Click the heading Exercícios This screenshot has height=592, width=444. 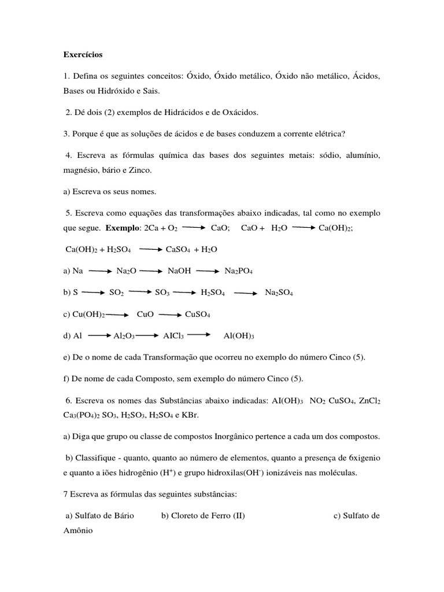click(x=83, y=55)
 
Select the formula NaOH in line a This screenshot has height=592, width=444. click(x=179, y=271)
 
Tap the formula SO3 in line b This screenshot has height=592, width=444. click(x=162, y=293)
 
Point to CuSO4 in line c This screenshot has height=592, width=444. click(x=197, y=315)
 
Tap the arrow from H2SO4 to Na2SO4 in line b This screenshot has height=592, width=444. click(x=245, y=293)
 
